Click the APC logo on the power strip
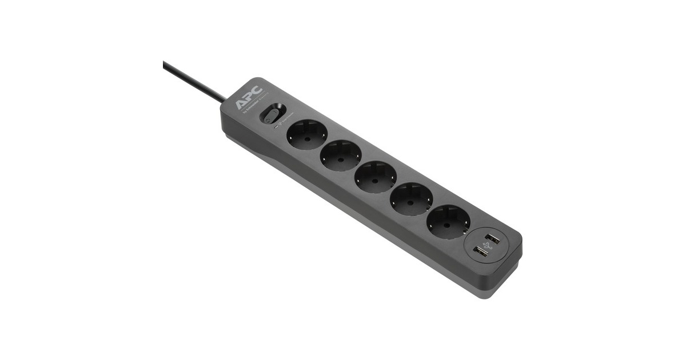[x=248, y=97]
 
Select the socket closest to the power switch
[x=306, y=135]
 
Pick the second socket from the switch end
[x=341, y=155]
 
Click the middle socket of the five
[x=376, y=176]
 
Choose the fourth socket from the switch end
[x=412, y=198]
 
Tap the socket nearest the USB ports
[x=448, y=221]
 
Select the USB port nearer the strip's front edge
[x=480, y=251]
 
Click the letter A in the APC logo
[x=241, y=102]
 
